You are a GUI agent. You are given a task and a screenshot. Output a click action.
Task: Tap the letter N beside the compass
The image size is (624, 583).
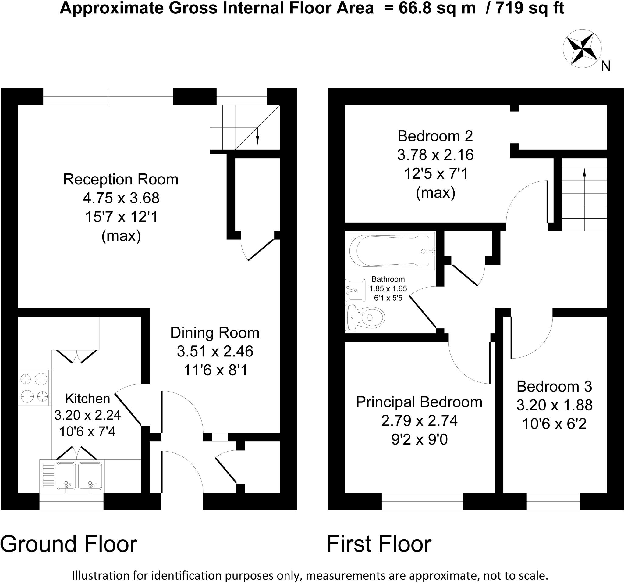coord(605,66)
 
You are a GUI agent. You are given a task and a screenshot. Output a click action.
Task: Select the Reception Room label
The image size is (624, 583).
coord(121,179)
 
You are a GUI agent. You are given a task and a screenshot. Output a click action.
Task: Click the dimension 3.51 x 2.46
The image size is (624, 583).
coord(215,351)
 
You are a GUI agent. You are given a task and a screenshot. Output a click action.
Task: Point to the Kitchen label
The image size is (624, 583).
coord(87,399)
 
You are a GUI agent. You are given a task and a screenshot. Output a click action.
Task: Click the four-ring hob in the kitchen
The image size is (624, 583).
coord(34,388)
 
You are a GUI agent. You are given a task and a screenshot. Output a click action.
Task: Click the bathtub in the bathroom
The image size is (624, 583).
coord(390,251)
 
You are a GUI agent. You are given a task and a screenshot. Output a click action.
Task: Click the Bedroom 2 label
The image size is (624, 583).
coord(435,136)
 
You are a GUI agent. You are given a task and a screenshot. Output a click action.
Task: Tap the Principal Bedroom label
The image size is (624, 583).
coord(419,402)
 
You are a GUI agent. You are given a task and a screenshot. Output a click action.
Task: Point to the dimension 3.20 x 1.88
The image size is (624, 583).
coord(554,405)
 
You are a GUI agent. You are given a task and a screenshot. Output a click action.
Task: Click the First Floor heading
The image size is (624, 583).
coord(379,544)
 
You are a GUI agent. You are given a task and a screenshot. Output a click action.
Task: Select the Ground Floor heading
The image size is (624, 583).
coord(69,544)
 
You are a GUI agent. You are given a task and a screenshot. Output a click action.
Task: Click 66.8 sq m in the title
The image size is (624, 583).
coord(437,8)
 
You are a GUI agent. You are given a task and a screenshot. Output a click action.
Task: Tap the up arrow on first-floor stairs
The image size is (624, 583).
coord(584,174)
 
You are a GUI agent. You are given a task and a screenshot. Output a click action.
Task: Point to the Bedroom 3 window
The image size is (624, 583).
coord(553,501)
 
